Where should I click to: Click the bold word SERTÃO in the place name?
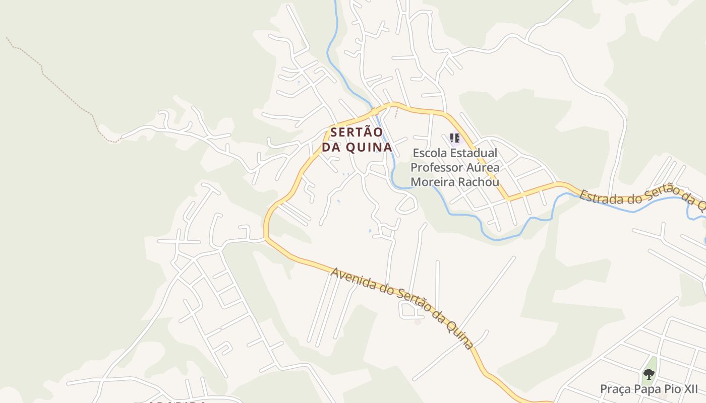tap(357, 132)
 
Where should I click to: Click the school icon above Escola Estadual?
tap(455, 138)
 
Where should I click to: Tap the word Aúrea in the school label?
tap(484, 167)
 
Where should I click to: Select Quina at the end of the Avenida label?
tap(460, 336)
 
